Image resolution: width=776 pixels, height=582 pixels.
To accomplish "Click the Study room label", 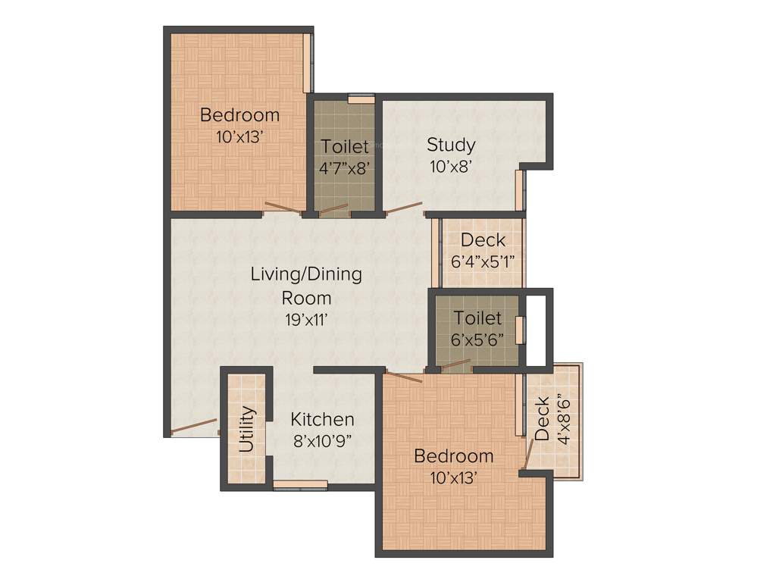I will point(451,144).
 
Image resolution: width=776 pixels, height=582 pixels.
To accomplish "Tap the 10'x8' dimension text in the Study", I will point(451,167).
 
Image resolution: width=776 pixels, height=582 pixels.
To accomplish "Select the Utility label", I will point(247,430).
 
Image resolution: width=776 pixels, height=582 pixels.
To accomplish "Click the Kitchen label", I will point(323,419).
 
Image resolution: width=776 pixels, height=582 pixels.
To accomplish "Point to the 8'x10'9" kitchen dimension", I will point(323,440).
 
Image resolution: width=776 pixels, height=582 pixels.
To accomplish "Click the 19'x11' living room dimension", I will point(306,320).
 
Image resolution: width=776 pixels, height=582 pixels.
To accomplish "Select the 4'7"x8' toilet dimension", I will point(345,168).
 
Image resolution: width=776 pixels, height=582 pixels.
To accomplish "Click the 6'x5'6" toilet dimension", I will point(477,340).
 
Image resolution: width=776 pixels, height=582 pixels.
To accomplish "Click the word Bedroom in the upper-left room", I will point(239,115).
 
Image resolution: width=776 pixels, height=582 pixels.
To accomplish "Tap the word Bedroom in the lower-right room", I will point(453,456).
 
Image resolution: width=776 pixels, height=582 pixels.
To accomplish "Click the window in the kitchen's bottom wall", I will point(301,485).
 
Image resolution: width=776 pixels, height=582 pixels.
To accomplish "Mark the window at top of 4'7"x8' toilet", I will point(361,97).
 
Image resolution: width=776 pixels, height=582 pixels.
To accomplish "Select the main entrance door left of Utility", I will point(194,427).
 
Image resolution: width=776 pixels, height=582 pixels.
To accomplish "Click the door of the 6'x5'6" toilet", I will point(456,365).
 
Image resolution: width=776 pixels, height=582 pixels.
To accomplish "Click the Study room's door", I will point(404,208).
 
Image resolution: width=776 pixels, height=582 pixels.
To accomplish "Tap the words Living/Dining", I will point(306,274).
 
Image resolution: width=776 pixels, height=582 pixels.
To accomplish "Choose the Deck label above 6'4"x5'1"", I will point(483,240).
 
